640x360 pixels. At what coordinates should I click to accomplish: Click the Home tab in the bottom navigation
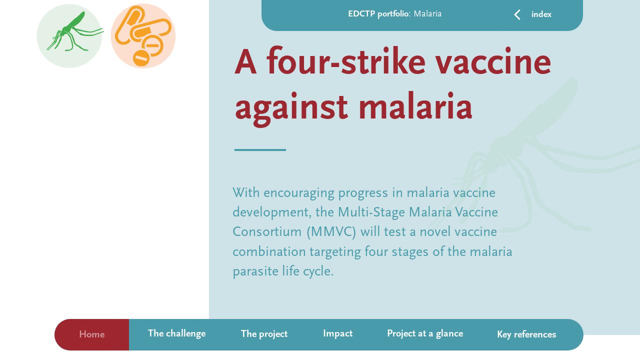(x=92, y=334)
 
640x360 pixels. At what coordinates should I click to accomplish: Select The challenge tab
(x=176, y=334)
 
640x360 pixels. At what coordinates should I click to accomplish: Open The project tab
(x=264, y=334)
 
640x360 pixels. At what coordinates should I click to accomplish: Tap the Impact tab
(x=337, y=334)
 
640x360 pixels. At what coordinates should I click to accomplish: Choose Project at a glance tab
(x=425, y=334)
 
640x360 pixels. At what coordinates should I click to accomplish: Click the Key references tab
(x=526, y=334)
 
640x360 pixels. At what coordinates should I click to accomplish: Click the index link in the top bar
(x=541, y=14)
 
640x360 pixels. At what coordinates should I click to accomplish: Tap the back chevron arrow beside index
(x=517, y=15)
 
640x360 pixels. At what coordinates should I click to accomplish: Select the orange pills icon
(x=143, y=36)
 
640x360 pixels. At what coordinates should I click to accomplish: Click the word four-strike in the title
(x=345, y=63)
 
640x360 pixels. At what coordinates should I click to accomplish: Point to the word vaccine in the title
(x=493, y=63)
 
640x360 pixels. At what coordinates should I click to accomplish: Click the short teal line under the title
(x=260, y=149)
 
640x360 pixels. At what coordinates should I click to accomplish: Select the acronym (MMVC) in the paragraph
(x=331, y=232)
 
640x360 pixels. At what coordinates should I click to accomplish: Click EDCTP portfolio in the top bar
(x=379, y=14)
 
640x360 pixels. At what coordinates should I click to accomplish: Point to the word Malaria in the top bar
(x=427, y=14)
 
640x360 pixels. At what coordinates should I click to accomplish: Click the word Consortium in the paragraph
(x=267, y=232)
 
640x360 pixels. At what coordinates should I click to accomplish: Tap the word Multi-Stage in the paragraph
(x=371, y=212)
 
